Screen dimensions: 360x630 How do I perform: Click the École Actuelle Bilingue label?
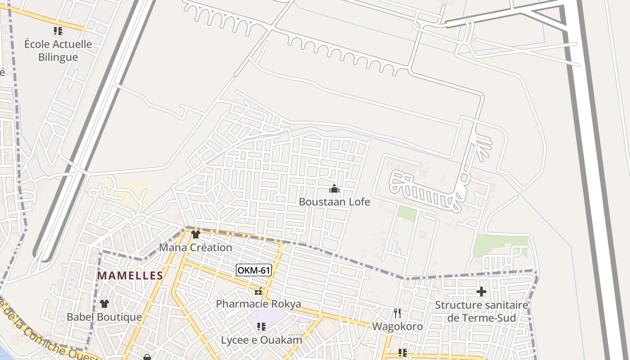[58, 50]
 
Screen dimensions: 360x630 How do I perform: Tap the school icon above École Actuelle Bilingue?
[58, 31]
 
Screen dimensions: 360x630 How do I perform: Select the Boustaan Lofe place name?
[334, 202]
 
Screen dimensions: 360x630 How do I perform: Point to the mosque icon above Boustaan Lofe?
[334, 189]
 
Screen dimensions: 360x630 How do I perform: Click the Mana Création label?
[195, 247]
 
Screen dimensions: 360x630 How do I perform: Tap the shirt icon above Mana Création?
[195, 234]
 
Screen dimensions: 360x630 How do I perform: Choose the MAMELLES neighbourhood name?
[130, 275]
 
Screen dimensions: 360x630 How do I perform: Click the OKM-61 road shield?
[254, 270]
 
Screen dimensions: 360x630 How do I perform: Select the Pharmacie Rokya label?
[258, 304]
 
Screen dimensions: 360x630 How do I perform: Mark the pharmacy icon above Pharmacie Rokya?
[258, 292]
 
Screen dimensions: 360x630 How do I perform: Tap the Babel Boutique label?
[104, 317]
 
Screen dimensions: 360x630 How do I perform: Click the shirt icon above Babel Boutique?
[104, 304]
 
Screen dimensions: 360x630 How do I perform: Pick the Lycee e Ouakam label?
[261, 340]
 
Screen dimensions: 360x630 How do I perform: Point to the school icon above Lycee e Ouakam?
[261, 326]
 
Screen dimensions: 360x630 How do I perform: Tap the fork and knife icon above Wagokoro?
[397, 313]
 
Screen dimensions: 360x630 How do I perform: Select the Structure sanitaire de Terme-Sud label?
[481, 311]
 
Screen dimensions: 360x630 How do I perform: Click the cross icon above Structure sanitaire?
[481, 292]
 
